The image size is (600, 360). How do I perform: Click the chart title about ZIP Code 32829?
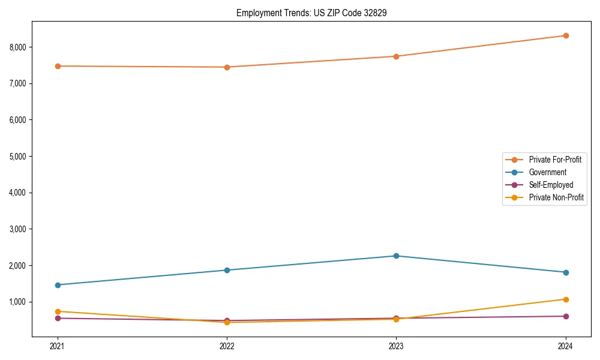pos(311,13)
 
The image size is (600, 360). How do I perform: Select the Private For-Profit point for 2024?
pos(566,35)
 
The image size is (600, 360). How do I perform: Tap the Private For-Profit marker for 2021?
pos(58,66)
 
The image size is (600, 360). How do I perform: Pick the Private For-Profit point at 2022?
pos(227,67)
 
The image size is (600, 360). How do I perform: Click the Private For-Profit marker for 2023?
pos(396,56)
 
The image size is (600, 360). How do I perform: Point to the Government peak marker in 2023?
pos(396,256)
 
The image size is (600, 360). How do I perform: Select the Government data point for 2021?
pos(58,285)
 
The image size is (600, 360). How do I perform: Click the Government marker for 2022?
pos(227,270)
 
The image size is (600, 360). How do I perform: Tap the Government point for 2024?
pos(566,272)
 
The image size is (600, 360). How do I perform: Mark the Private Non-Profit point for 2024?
pos(566,299)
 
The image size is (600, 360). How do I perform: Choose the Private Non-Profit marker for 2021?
pos(58,311)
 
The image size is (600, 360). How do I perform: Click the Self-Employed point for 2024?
pos(566,316)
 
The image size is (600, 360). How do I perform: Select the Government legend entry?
pos(547,172)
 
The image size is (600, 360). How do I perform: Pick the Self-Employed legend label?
pos(551,185)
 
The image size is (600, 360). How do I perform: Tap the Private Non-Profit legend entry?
pos(556,197)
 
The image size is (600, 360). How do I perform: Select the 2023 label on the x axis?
pos(396,346)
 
